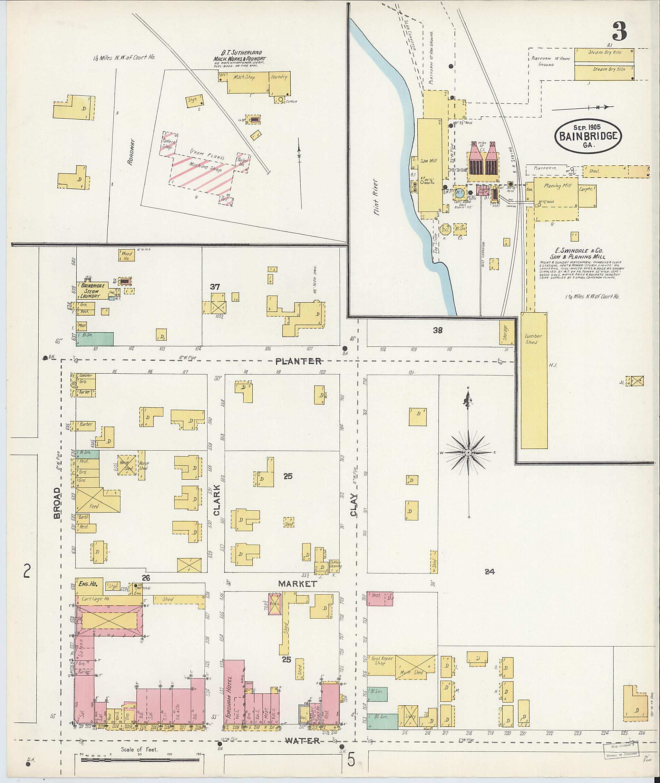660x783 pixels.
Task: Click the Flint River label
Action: pos(376,197)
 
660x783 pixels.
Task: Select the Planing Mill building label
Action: pos(558,186)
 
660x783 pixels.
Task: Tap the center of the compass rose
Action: pos(468,453)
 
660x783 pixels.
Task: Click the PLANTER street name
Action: pos(298,361)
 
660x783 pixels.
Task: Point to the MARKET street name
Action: pos(298,584)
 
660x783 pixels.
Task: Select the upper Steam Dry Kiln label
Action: pos(604,53)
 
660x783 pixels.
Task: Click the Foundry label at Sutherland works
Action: pos(279,77)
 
